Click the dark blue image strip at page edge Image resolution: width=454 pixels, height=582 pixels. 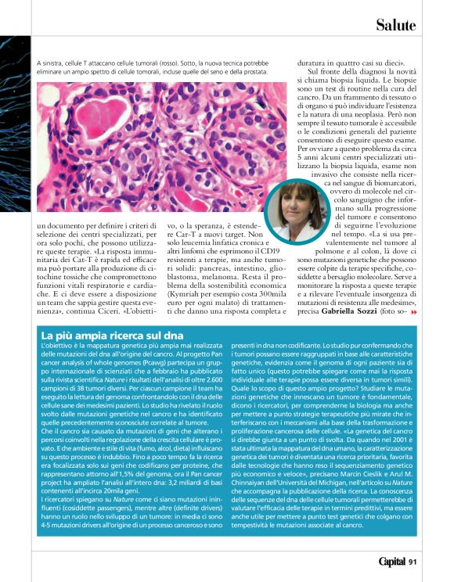(x=15, y=117)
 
